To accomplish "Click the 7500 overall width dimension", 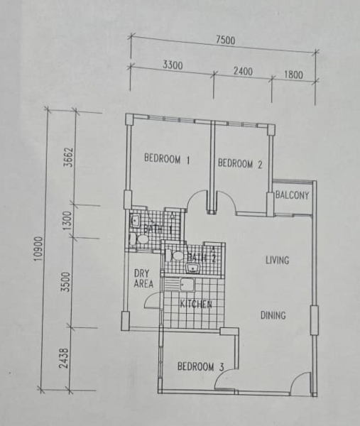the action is [226, 40].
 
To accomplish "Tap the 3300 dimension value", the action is [173, 65].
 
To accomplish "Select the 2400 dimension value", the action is [243, 71].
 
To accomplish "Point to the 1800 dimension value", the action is [294, 75].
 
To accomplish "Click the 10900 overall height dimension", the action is [39, 249].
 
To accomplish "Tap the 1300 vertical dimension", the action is [68, 220].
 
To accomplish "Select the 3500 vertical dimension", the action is [66, 282].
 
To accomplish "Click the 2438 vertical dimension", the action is [64, 359].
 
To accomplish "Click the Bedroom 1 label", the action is [167, 159].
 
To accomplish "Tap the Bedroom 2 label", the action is [240, 163].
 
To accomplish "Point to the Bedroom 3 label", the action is [201, 366].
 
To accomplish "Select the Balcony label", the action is [293, 195].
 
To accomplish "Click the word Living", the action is [277, 261].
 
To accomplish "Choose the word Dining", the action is [273, 315].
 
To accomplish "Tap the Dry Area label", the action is [143, 278].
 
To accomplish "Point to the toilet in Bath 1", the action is [139, 239].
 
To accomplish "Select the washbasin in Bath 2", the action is [193, 268].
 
